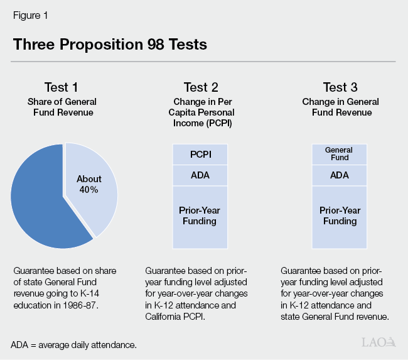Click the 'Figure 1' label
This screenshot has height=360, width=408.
click(28, 14)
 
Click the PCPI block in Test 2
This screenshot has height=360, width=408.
click(200, 155)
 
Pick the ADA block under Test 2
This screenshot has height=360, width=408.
click(200, 175)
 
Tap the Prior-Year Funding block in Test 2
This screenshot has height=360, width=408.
click(200, 216)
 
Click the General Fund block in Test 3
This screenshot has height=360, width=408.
click(339, 155)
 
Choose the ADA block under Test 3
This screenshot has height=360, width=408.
click(339, 175)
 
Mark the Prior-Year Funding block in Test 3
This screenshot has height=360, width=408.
click(339, 216)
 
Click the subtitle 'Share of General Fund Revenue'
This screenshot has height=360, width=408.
click(61, 107)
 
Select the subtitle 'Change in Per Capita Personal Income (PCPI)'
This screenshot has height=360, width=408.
click(200, 112)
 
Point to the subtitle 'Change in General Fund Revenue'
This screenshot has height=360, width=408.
click(340, 107)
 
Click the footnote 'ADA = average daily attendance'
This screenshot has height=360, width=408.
click(73, 345)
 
